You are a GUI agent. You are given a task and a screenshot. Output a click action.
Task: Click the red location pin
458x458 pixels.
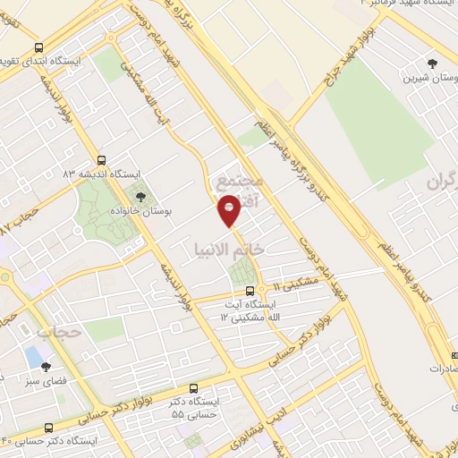[x=230, y=211]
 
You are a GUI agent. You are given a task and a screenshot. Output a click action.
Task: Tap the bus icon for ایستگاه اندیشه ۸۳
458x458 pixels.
[x=101, y=159]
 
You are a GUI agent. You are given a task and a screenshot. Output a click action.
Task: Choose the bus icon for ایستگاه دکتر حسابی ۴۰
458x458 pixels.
[x=48, y=428]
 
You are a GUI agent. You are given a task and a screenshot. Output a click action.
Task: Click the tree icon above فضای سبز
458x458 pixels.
[x=47, y=366]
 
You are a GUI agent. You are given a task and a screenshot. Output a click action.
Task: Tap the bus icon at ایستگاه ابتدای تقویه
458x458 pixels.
[x=38, y=47]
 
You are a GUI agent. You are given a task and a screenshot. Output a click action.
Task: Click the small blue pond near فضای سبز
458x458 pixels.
[x=34, y=357]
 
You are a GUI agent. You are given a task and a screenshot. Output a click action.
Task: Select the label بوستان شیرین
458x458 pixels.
[x=432, y=78]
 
